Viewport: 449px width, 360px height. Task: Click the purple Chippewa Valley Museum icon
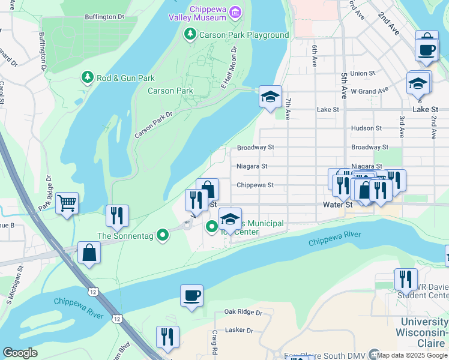[235, 12]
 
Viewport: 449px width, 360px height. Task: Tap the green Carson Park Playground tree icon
[190, 34]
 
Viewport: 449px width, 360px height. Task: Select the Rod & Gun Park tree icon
[88, 77]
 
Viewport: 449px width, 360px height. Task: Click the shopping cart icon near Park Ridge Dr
[67, 203]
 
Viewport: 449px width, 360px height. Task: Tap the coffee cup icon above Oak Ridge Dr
[191, 295]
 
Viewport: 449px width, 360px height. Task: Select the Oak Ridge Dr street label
[243, 313]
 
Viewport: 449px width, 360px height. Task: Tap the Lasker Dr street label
[239, 330]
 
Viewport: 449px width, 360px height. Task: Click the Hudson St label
[366, 128]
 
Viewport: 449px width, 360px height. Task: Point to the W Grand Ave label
[370, 91]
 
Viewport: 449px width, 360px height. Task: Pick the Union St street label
[363, 73]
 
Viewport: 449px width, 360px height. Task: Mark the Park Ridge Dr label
[46, 191]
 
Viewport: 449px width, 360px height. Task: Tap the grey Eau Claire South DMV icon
[375, 355]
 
